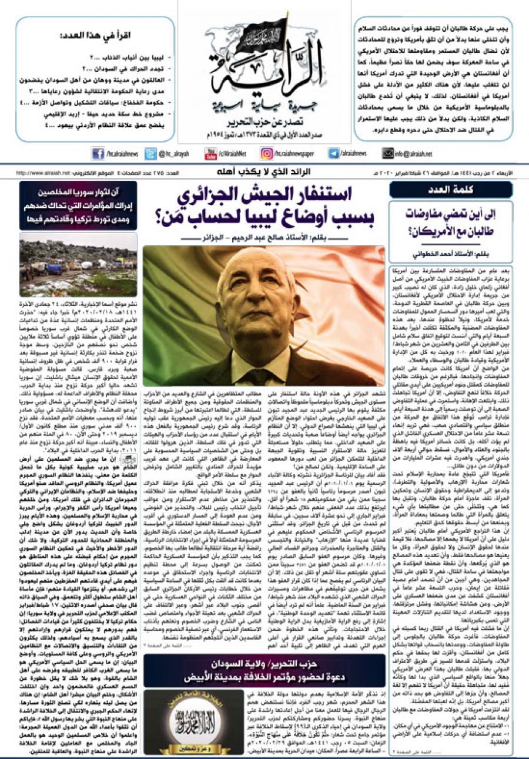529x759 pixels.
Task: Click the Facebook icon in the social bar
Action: [98, 154]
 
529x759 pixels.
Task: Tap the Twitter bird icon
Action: [149, 154]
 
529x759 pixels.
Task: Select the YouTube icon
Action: [209, 154]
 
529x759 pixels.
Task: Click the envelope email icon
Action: [387, 154]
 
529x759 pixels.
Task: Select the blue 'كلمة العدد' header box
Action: [451, 190]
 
